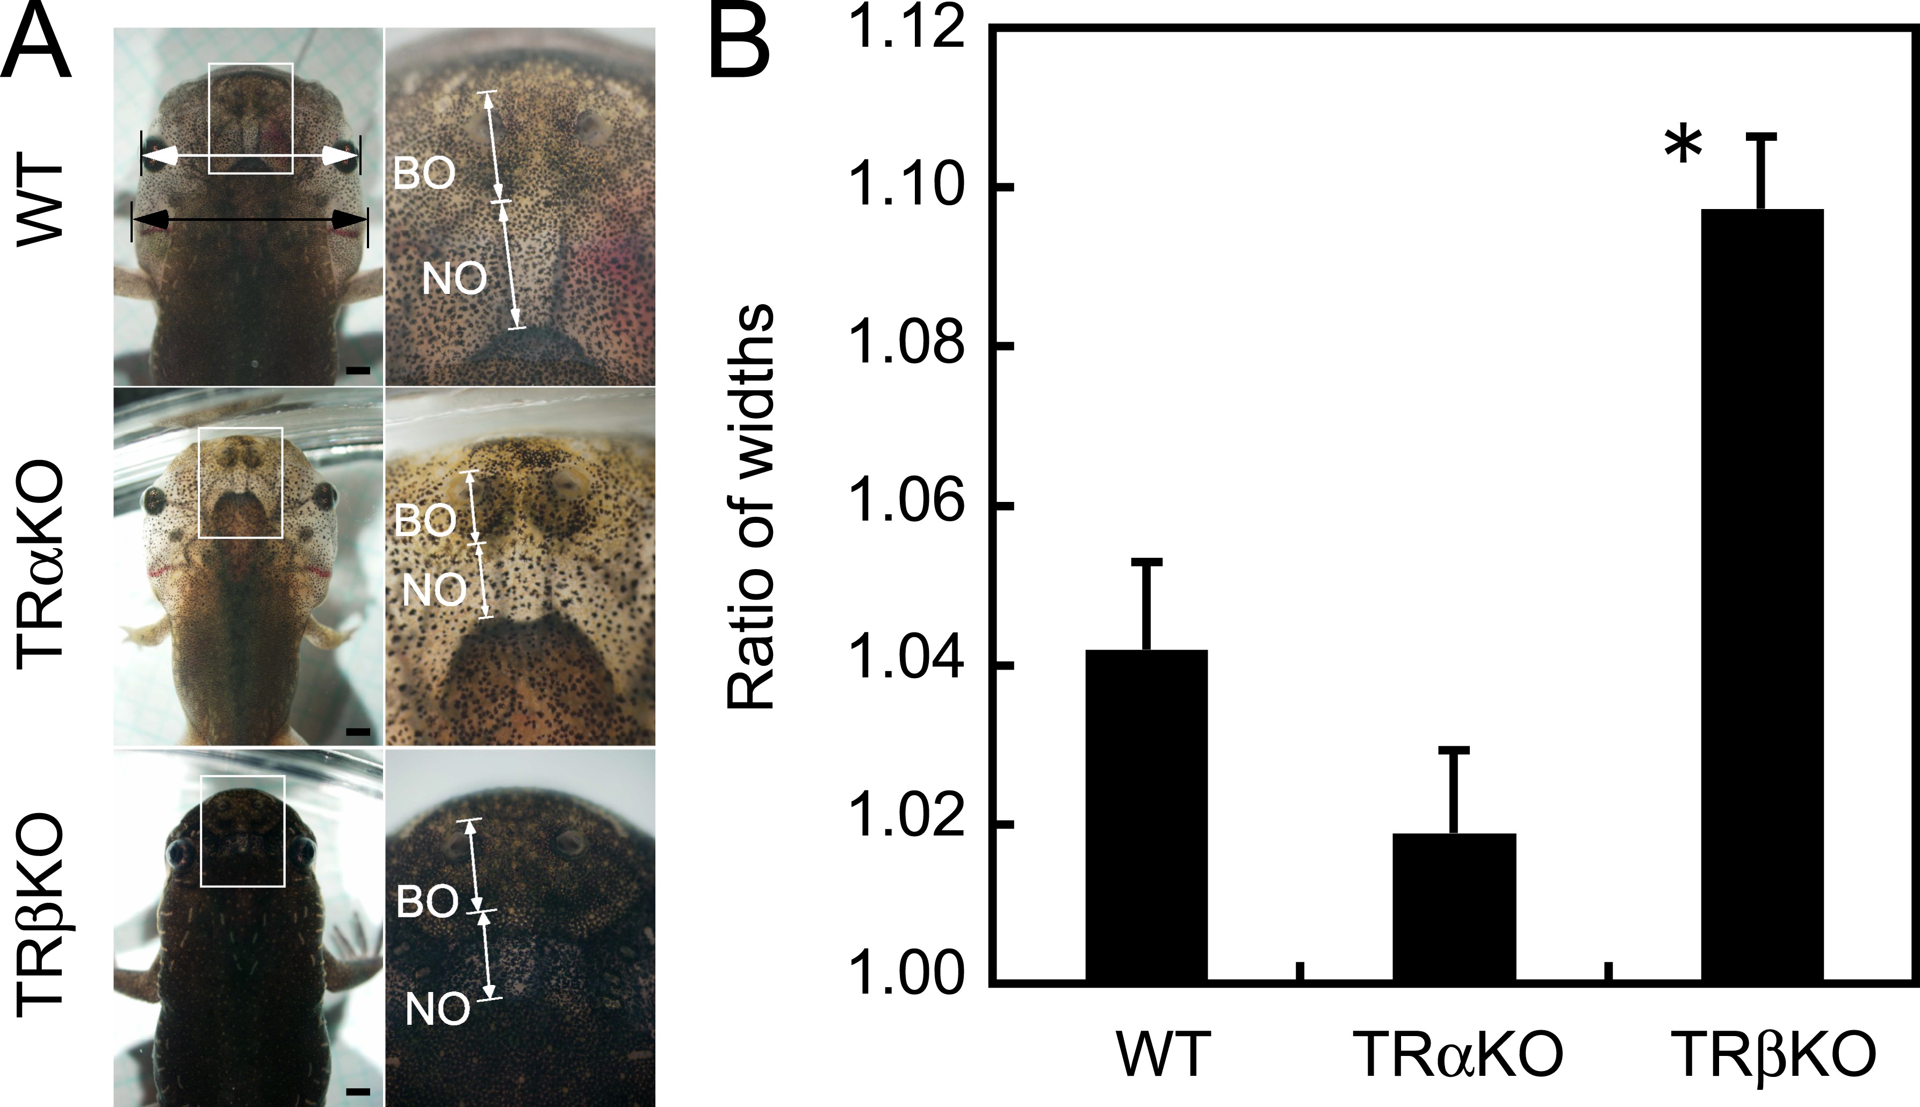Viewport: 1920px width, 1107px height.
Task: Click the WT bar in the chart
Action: [x=1146, y=817]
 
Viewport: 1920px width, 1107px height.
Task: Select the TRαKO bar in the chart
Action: [x=1454, y=909]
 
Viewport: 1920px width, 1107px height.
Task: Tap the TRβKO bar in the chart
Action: [x=1762, y=597]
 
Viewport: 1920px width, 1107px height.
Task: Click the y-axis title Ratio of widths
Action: [x=751, y=508]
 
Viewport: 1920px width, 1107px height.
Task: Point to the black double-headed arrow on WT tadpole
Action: [x=249, y=220]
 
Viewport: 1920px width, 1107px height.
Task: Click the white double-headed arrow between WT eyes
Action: [x=250, y=156]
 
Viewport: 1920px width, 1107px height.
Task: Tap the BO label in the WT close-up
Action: [x=424, y=174]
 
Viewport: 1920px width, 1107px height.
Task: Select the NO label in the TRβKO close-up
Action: [x=438, y=1010]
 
